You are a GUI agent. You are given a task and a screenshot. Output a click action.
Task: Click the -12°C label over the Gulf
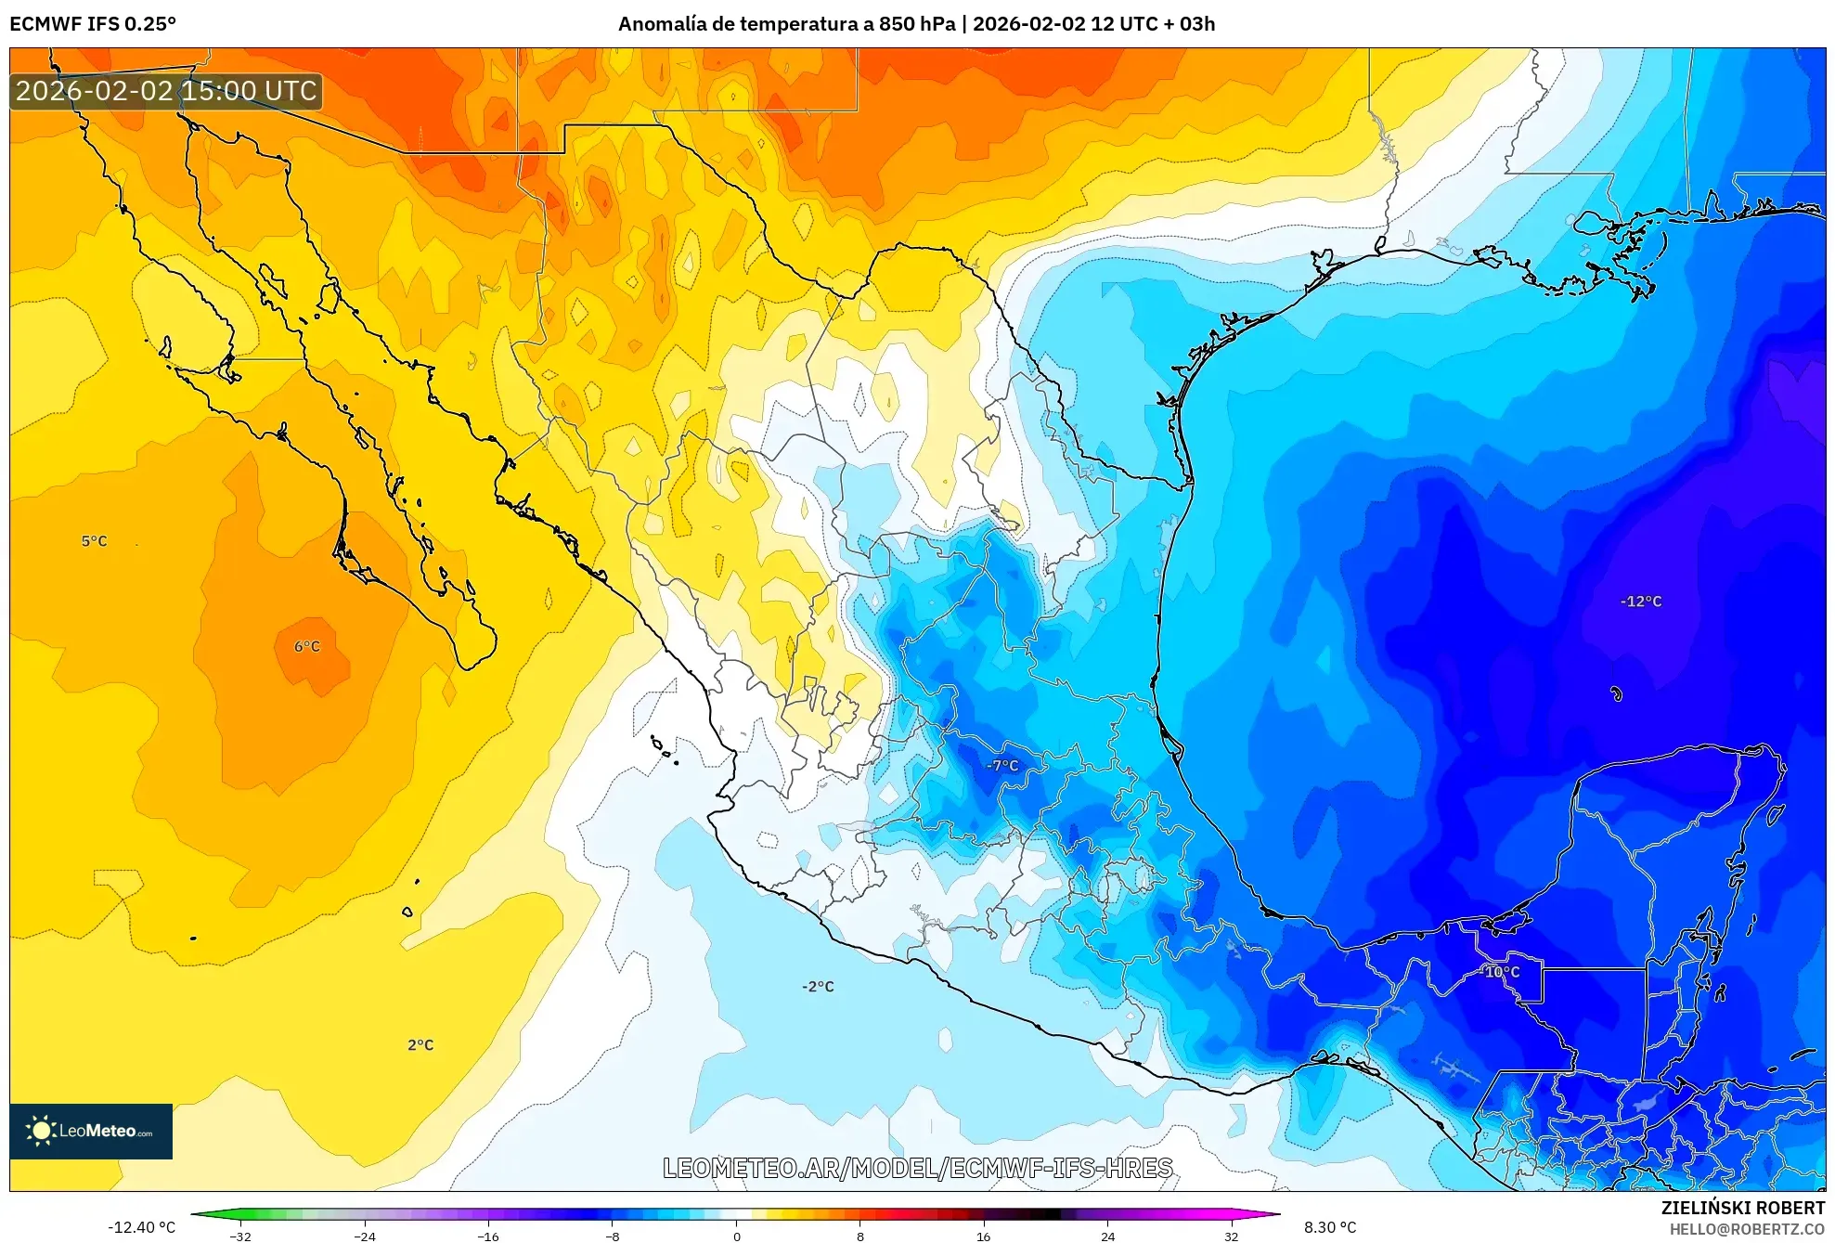pos(1640,602)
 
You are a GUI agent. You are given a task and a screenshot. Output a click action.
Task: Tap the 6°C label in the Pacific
pos(307,646)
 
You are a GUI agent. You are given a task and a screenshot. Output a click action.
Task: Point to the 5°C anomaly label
pos(94,541)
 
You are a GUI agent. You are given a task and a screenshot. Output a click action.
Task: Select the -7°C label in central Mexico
pos(1002,766)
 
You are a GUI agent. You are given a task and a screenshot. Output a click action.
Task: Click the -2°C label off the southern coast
pos(818,986)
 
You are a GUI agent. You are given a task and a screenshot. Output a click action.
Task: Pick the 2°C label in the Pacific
pos(420,1044)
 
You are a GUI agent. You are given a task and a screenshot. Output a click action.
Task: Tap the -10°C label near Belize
pos(1501,972)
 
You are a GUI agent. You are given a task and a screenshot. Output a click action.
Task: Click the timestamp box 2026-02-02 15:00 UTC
pos(166,91)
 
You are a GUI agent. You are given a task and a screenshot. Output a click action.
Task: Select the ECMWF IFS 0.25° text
pos(93,24)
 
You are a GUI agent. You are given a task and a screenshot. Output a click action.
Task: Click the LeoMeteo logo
pos(91,1131)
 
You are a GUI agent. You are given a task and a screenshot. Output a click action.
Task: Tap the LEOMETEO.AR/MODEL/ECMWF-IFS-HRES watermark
pos(917,1168)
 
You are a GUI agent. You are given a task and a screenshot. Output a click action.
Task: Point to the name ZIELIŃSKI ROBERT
pos(1742,1208)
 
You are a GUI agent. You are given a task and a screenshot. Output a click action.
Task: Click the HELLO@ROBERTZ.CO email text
pos(1747,1229)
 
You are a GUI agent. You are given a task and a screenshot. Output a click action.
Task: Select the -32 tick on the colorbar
pos(240,1237)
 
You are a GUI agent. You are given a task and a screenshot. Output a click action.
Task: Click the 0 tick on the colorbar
pos(736,1237)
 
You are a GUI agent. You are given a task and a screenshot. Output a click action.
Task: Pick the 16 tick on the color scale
pos(983,1237)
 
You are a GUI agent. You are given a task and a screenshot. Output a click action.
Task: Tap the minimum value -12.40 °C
pos(141,1227)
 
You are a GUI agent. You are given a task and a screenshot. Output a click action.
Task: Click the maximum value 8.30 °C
pos(1329,1227)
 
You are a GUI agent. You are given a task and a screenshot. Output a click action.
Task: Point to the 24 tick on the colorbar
pos(1107,1237)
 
